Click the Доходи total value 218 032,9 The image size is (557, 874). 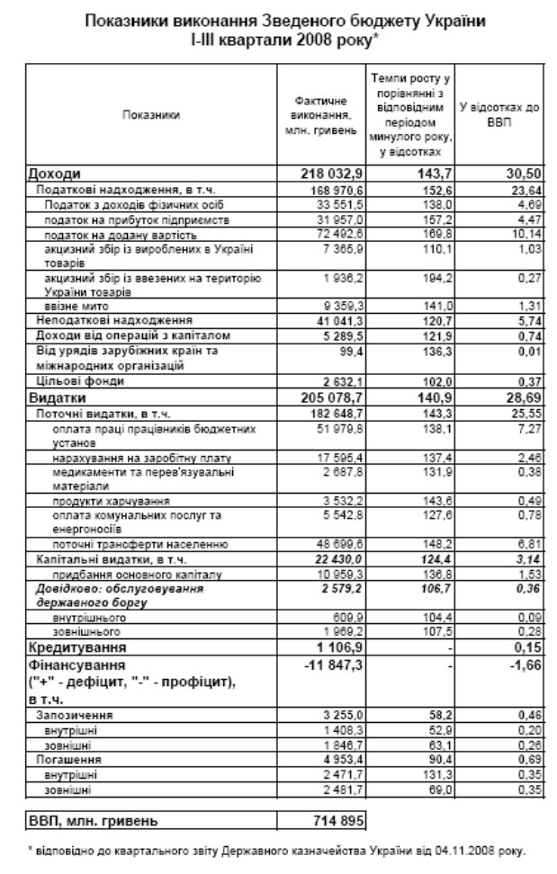(x=322, y=174)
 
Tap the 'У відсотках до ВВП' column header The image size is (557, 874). (x=499, y=115)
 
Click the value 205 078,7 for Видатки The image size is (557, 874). (x=322, y=396)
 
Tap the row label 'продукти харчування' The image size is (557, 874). (x=103, y=499)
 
